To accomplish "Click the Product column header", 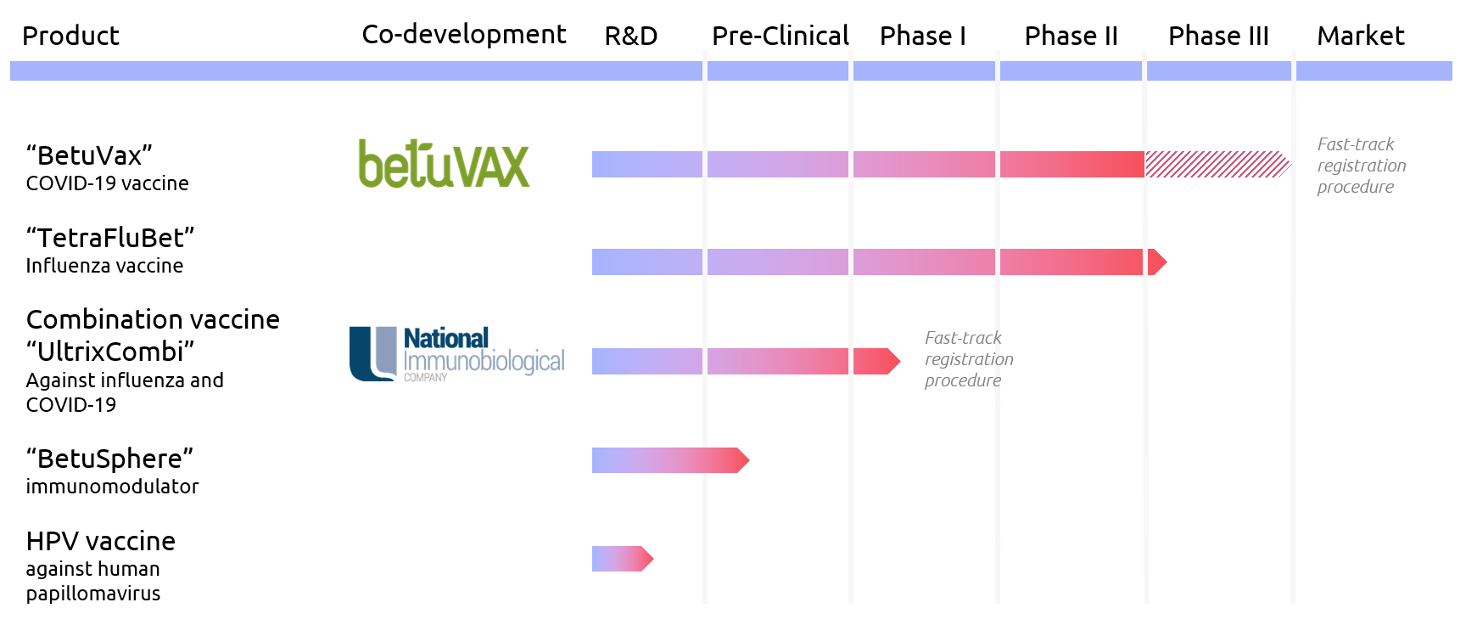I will [x=70, y=36].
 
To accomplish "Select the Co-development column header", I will [x=463, y=34].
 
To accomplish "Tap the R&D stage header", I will [x=630, y=36].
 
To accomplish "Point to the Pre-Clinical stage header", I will [x=780, y=36].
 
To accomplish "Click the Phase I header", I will [x=922, y=36].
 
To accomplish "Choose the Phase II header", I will [x=1071, y=36].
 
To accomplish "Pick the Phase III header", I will [x=1218, y=36].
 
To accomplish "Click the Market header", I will [x=1360, y=36].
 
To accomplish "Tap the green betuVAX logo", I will [x=444, y=164].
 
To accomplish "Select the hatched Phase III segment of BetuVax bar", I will [x=1217, y=164].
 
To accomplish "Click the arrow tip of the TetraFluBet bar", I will [x=1157, y=262].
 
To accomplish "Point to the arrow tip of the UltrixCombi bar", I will [x=891, y=361].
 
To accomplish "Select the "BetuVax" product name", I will [x=89, y=155].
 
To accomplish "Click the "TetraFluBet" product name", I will [x=110, y=238].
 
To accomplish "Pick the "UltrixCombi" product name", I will [x=110, y=352].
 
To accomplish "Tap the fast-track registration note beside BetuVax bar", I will [x=1361, y=166].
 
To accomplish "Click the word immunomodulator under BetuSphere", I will [x=112, y=487].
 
